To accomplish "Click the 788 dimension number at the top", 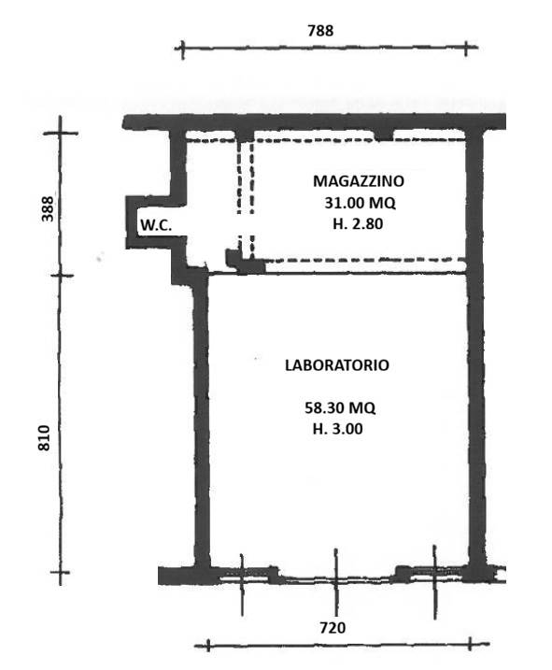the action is tap(320, 31).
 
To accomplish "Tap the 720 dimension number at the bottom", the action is tap(333, 628).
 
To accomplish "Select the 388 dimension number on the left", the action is tap(48, 208).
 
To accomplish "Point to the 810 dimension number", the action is tap(44, 438).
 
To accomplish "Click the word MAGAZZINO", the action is tap(359, 180).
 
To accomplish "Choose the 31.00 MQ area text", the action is tap(361, 202).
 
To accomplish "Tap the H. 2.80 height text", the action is tap(358, 223).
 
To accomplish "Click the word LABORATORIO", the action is tap(337, 365).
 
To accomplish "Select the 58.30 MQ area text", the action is tap(340, 407).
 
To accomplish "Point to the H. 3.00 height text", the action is tap(337, 429).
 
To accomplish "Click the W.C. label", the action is tap(156, 225).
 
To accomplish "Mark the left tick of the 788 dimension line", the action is tap(182, 49).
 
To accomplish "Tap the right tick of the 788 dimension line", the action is tap(466, 49).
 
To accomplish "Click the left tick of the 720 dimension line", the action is tap(208, 645).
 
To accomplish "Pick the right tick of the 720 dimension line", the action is tap(471, 644).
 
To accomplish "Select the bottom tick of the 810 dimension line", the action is tap(60, 572).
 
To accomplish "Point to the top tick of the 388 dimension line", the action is tap(60, 134).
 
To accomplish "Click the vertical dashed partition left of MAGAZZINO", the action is tap(246, 200).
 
